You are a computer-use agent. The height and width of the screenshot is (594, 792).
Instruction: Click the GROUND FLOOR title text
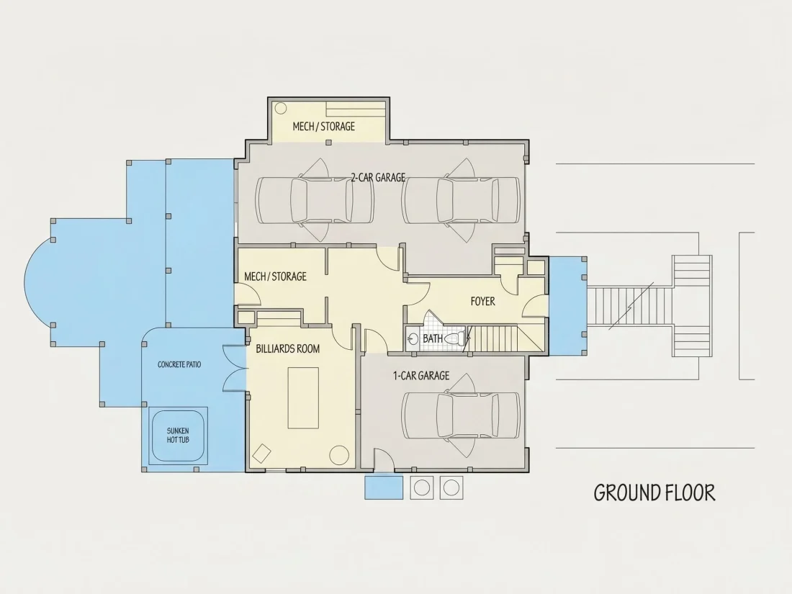[x=654, y=492]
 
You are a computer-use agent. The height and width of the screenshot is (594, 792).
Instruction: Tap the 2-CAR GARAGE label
[x=378, y=177]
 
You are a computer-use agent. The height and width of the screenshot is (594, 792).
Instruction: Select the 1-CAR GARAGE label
[x=421, y=376]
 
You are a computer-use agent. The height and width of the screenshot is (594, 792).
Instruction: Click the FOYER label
[x=483, y=302]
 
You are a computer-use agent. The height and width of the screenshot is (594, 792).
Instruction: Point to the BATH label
[x=433, y=338]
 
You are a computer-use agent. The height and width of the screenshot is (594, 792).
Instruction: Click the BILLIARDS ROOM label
[x=288, y=348]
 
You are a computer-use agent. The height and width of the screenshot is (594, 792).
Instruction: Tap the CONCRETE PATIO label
[x=179, y=364]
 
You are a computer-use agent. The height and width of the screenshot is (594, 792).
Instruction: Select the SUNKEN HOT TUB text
[x=178, y=436]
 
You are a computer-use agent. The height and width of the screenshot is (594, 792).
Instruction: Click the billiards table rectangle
[x=303, y=398]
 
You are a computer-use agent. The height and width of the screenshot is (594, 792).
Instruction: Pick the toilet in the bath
[x=455, y=338]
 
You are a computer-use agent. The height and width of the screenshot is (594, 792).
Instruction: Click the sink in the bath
[x=412, y=339]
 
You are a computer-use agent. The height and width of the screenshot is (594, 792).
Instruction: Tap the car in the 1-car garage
[x=461, y=415]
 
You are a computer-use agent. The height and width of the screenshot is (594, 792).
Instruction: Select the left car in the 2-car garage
[x=315, y=200]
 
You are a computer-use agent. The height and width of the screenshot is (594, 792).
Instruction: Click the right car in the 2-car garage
[x=461, y=200]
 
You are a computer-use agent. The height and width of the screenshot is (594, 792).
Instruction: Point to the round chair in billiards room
[x=339, y=455]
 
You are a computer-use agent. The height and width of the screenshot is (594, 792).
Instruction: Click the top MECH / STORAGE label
[x=324, y=126]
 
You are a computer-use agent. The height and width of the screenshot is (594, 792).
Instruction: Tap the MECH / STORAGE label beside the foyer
[x=275, y=276]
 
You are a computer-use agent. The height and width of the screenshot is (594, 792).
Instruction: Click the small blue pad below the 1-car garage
[x=384, y=487]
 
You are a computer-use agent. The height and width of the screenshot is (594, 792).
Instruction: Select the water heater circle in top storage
[x=280, y=108]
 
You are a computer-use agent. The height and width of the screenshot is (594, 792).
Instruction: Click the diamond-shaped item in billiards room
[x=261, y=453]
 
